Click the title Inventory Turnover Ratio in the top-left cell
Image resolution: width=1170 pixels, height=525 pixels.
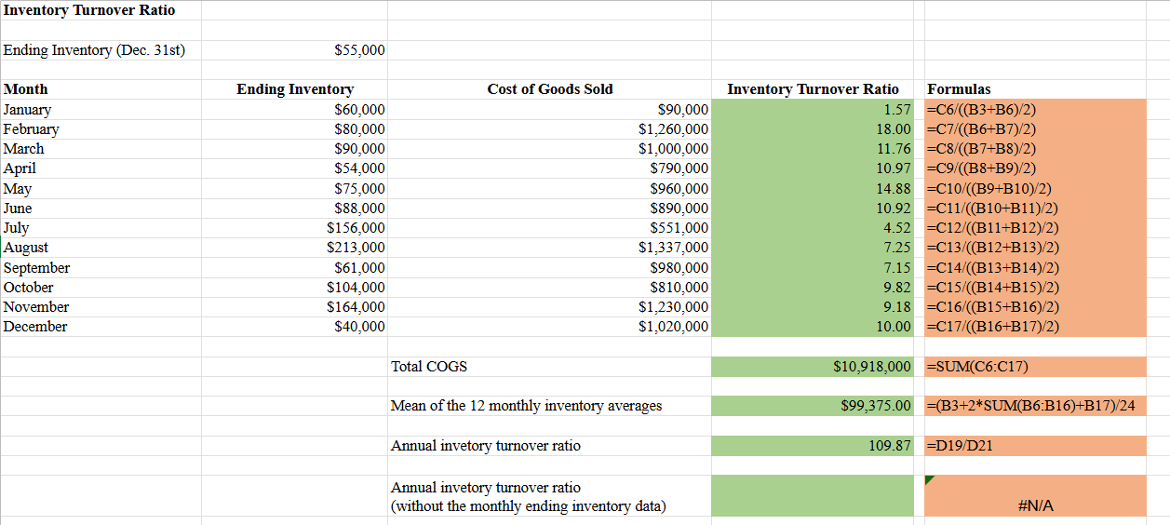coord(89,10)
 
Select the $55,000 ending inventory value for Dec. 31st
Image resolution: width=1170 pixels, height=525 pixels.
coord(359,50)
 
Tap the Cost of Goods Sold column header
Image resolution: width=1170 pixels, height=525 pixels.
coord(550,89)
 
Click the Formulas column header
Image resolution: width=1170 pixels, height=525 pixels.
coord(959,89)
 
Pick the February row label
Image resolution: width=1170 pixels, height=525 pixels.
coord(32,129)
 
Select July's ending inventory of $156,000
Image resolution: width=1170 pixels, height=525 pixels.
coord(356,228)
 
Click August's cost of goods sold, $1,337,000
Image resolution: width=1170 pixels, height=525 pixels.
coord(673,247)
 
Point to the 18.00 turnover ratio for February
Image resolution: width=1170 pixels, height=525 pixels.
coord(894,129)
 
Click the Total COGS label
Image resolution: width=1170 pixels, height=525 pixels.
coord(429,367)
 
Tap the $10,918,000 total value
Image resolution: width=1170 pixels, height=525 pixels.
coord(872,367)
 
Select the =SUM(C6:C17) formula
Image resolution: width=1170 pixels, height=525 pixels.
coord(977,367)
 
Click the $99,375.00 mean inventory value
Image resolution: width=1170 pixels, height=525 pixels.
coord(876,406)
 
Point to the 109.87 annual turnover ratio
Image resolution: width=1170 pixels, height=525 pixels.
coord(890,446)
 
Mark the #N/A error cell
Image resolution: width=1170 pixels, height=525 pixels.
coord(1035,505)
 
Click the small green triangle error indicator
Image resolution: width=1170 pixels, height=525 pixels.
coord(928,479)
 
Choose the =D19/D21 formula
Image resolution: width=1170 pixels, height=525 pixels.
coord(960,446)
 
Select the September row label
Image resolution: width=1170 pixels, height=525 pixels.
coord(36,268)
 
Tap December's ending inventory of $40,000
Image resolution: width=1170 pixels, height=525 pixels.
coord(359,327)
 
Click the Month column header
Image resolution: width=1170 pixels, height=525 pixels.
coord(25,89)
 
